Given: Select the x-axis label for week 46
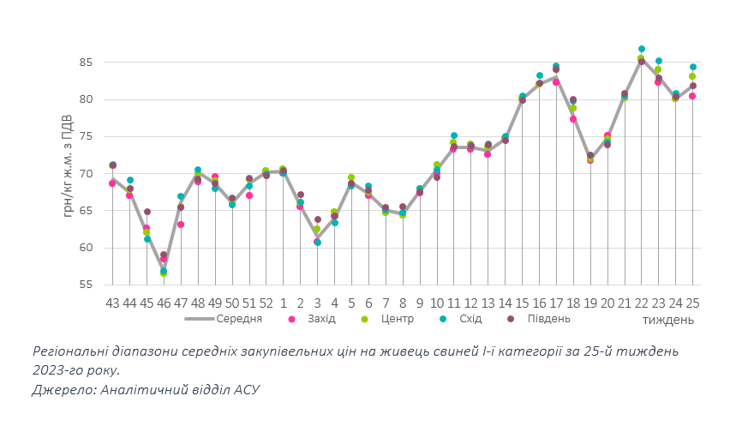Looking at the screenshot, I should click(164, 303).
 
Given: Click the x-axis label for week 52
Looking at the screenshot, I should click(266, 303).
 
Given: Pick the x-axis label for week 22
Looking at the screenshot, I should click(641, 303).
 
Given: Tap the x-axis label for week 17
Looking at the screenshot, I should click(556, 303).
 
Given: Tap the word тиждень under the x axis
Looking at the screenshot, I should click(668, 320).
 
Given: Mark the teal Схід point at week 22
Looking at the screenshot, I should click(642, 49).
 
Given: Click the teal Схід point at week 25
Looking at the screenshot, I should click(693, 67).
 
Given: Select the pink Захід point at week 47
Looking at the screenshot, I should click(181, 225).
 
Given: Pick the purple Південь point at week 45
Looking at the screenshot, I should click(147, 212).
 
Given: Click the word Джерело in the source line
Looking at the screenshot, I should click(63, 389).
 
